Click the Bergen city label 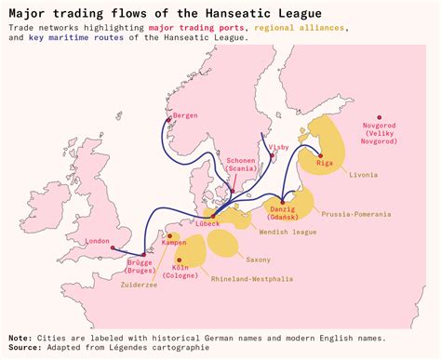186,115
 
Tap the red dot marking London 112,248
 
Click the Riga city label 325,164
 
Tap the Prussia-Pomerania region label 355,214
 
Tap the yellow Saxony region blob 222,244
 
